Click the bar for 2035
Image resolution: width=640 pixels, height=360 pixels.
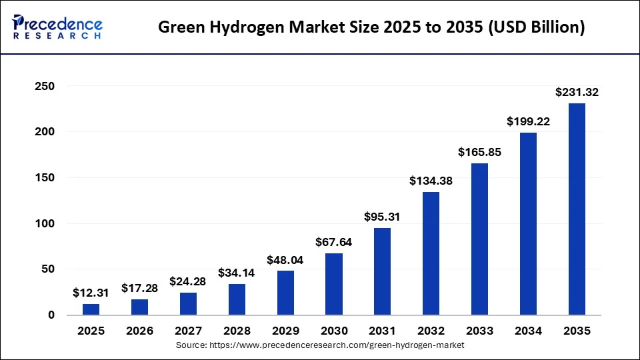pos(577,209)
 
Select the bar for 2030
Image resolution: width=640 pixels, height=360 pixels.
pos(334,284)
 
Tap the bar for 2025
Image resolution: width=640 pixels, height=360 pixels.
pos(91,309)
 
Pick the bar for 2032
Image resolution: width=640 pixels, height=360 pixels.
pos(431,253)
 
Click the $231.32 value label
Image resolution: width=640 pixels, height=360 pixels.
pos(577,93)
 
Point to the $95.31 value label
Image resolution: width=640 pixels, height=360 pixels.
pos(383,217)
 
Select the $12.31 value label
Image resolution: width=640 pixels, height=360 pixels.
pos(91,293)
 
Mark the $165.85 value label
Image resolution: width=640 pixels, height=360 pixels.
pos(479,152)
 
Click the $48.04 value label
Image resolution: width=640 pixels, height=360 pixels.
pos(285,260)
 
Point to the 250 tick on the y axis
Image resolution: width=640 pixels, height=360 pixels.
pos(45,87)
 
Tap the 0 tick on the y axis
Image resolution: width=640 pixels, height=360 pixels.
pos(51,315)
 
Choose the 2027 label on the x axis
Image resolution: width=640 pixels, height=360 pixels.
pos(188,331)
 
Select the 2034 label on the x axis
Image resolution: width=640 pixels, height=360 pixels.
pos(528,331)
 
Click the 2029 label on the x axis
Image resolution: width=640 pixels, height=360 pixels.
pos(285,331)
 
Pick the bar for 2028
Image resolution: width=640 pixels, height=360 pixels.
pos(237,299)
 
